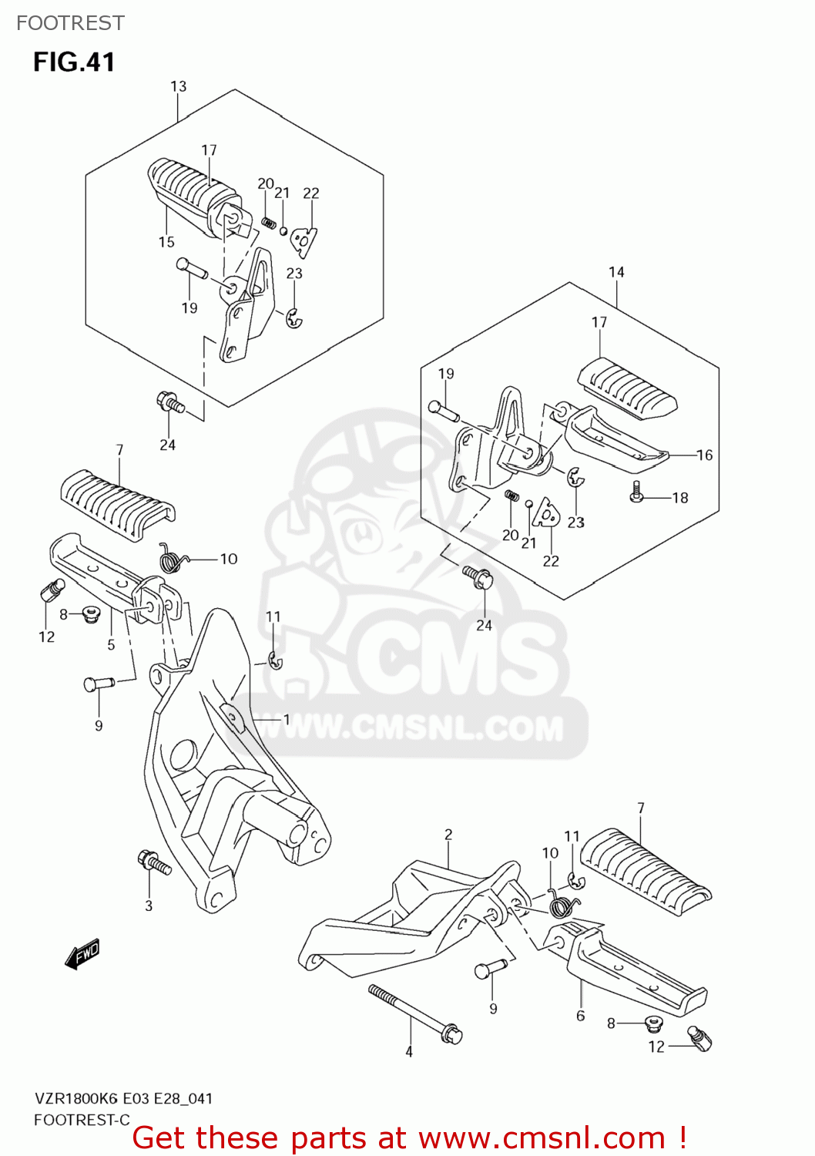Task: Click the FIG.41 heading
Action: tap(74, 62)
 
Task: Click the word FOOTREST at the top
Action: tap(70, 23)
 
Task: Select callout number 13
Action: tap(178, 86)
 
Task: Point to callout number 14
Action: tap(616, 272)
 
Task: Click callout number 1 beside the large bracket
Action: tap(286, 720)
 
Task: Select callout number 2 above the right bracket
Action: tap(448, 835)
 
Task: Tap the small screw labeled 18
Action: tap(636, 492)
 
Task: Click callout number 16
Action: tap(704, 455)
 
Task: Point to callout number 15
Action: tap(166, 242)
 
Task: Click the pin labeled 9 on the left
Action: tap(99, 683)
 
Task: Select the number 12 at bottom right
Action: tap(656, 1047)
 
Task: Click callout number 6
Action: tap(581, 1016)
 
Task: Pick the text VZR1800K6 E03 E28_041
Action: tap(123, 1099)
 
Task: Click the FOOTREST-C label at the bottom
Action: tap(82, 1120)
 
